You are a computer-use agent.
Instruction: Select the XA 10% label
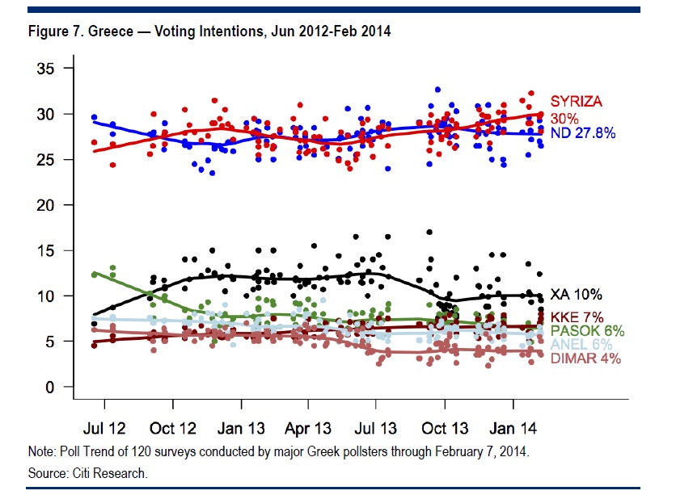tap(575, 295)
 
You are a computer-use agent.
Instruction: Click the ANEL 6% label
tap(579, 344)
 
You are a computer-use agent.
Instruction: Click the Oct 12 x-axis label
tap(173, 426)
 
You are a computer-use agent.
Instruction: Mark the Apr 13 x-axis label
tap(309, 426)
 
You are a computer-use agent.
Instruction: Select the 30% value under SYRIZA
tap(564, 117)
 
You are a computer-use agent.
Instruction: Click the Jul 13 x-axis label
tap(377, 426)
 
